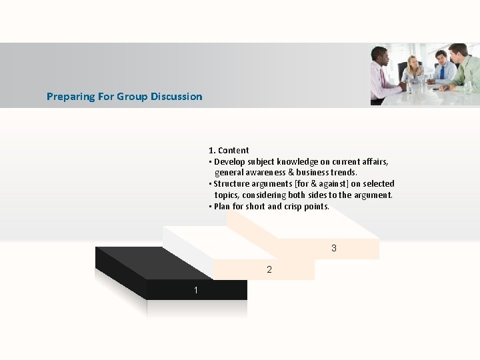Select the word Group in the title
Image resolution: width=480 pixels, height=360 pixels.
(131, 97)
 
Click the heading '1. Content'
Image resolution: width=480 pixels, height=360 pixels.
(229, 151)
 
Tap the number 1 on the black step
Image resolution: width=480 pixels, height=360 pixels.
(196, 290)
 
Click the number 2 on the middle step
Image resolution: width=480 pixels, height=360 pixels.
(269, 270)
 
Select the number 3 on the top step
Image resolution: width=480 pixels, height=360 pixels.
(334, 249)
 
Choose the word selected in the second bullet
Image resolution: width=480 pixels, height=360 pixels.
(376, 184)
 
